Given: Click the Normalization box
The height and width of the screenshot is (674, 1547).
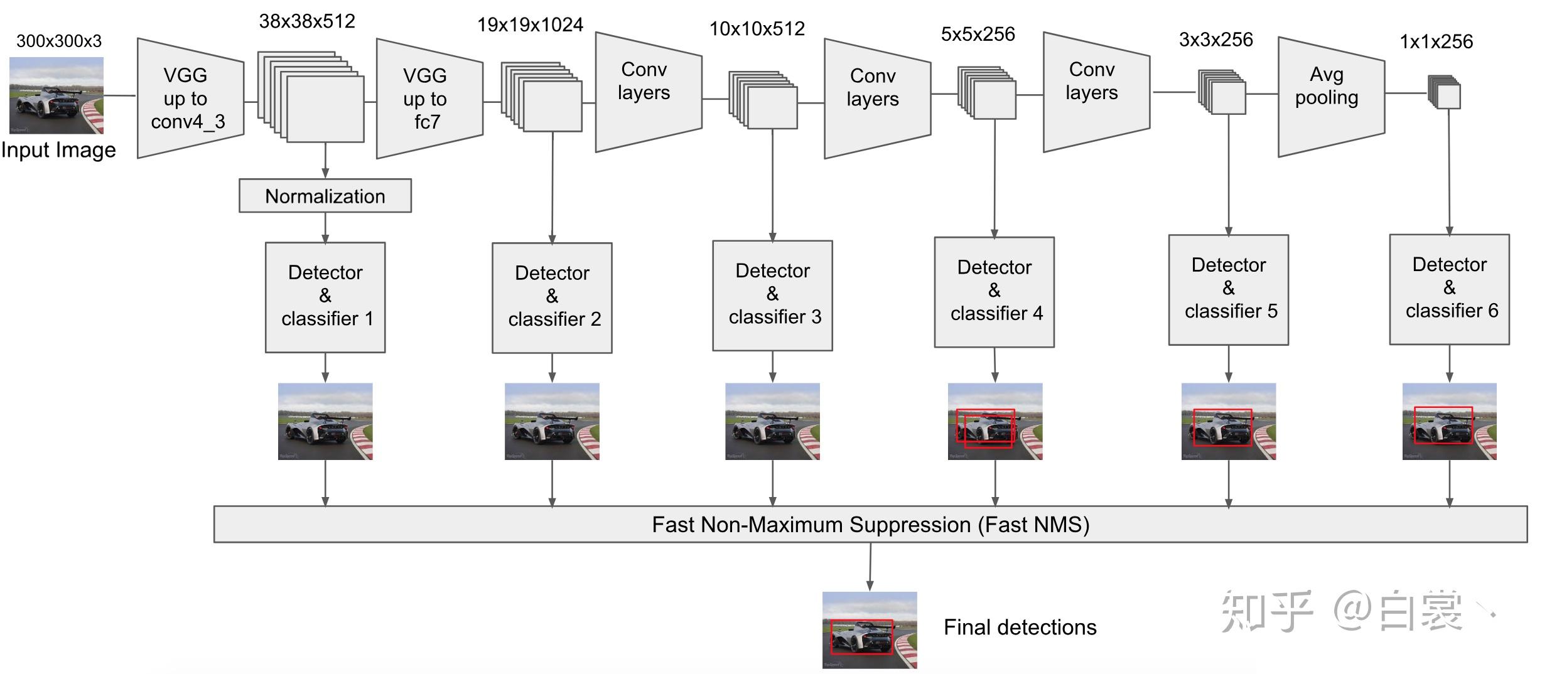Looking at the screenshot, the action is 325,196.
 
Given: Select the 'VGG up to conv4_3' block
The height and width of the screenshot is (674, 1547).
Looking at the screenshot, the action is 190,98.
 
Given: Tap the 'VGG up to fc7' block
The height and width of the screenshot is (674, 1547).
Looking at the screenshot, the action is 429,99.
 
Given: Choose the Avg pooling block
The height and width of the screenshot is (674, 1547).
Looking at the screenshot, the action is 1331,97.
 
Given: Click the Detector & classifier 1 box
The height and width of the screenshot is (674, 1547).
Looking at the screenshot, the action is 325,297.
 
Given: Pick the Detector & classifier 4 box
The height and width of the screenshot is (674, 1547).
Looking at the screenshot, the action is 994,292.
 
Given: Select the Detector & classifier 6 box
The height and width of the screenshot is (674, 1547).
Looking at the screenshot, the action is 1449,289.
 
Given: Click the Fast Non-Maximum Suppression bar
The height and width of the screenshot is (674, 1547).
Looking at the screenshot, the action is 871,524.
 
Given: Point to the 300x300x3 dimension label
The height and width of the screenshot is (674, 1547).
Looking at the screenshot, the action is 59,41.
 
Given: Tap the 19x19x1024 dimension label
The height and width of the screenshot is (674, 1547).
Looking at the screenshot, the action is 531,24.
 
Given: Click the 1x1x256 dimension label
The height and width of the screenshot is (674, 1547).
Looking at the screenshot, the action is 1436,41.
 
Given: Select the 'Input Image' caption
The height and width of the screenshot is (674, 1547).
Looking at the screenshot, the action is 58,150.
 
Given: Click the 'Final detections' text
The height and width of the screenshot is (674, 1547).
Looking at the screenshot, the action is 1020,627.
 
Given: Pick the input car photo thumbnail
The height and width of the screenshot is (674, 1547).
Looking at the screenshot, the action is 57,95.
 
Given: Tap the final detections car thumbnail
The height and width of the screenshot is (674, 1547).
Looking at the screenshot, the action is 870,630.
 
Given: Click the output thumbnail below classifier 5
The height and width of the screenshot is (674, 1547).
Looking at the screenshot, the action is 1229,422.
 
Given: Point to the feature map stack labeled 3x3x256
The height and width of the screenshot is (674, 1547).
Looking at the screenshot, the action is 1222,92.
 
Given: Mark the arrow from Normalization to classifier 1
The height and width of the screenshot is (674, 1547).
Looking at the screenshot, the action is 325,228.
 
